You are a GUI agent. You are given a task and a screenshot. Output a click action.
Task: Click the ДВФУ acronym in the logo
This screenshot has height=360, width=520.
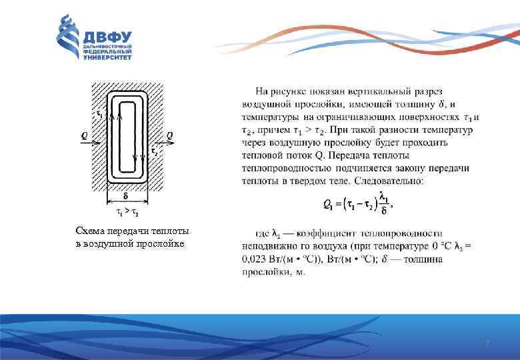(x=108, y=37)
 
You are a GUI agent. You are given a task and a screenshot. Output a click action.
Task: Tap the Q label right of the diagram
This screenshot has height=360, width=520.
(x=170, y=135)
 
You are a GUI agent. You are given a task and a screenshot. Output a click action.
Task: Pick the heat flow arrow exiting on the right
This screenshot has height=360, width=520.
(x=160, y=143)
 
